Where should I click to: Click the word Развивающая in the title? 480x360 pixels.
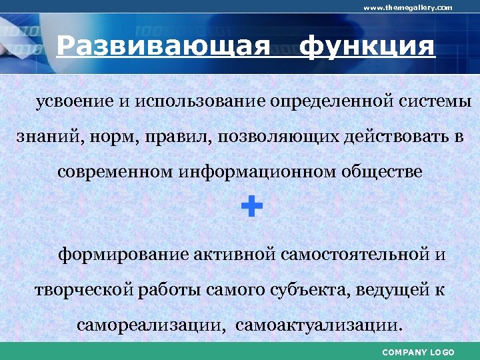(163, 47)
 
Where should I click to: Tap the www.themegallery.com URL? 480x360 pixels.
(407, 7)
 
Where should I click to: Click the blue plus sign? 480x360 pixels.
(251, 207)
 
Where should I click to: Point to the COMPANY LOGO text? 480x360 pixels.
(418, 352)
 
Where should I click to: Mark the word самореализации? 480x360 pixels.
(151, 326)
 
